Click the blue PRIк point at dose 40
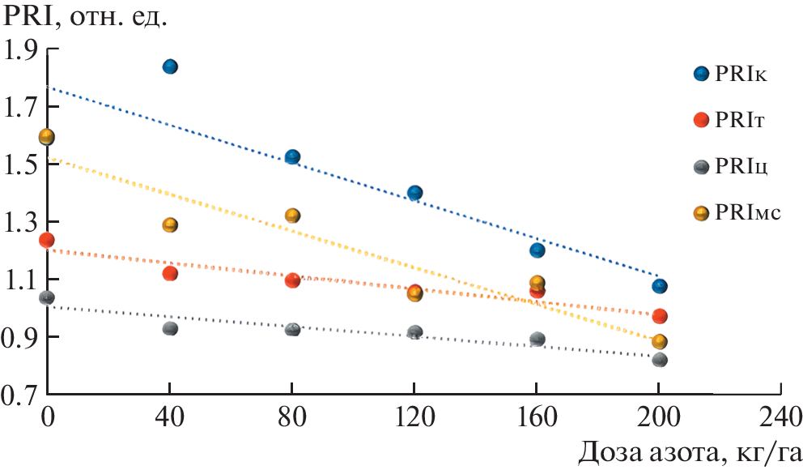[x=170, y=66]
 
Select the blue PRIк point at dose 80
[x=292, y=156]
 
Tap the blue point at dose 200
[x=660, y=286]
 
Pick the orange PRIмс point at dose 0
[x=46, y=137]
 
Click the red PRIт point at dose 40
[x=170, y=274]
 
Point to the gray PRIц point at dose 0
[x=46, y=297]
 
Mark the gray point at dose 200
[x=660, y=359]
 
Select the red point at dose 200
[x=660, y=316]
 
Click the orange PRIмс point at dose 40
[x=170, y=224]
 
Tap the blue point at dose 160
[x=537, y=250]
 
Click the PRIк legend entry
[x=740, y=75]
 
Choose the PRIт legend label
[x=740, y=121]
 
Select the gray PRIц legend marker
[x=701, y=167]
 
